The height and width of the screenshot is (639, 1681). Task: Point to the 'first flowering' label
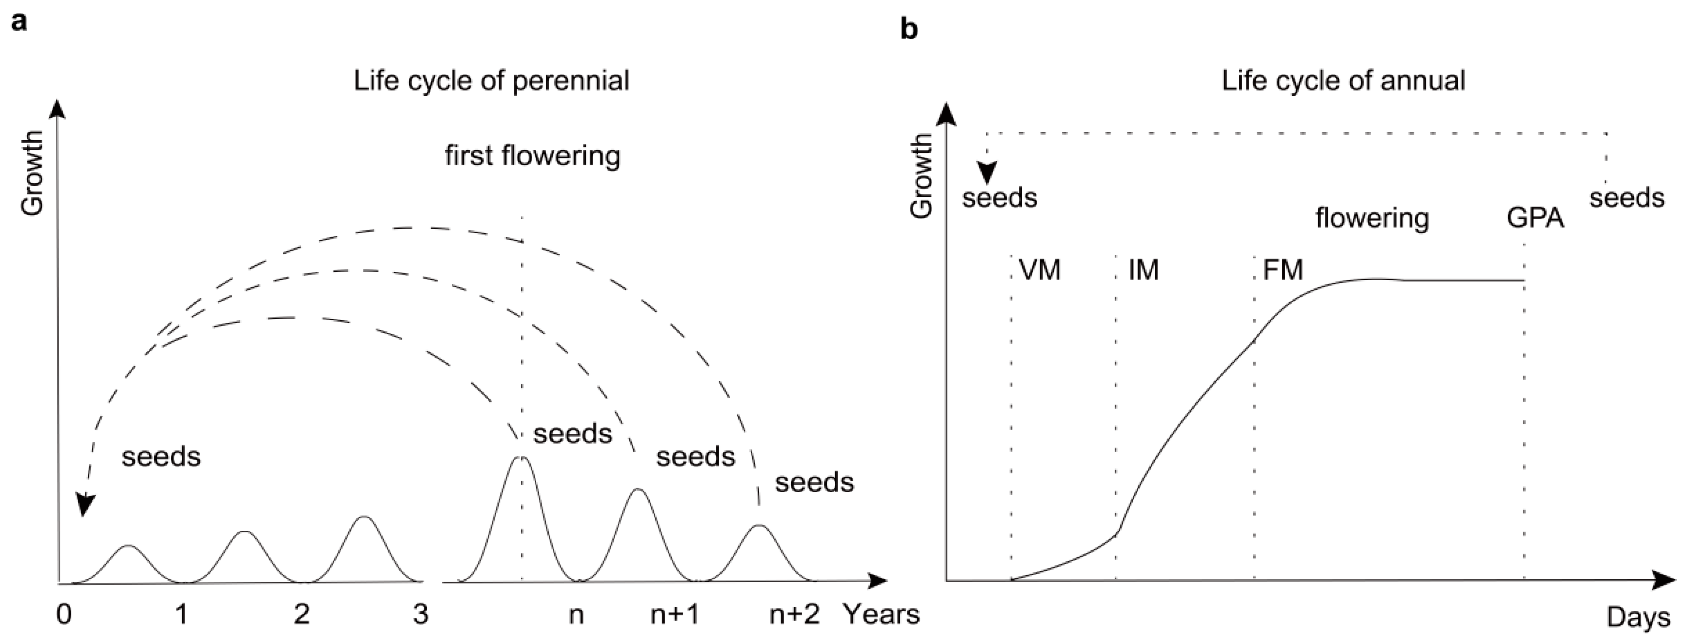click(x=533, y=156)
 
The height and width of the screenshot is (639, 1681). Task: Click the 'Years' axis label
click(x=882, y=614)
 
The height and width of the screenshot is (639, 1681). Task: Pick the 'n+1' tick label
click(x=675, y=614)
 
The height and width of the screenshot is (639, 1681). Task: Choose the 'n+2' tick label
click(x=794, y=614)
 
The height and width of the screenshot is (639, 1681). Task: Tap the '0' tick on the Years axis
click(x=64, y=614)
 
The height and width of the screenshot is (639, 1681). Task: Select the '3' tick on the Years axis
click(x=421, y=614)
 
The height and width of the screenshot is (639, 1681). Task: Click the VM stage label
click(x=1040, y=269)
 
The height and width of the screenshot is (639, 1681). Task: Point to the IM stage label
click(x=1143, y=269)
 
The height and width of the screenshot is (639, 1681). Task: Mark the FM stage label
click(x=1283, y=269)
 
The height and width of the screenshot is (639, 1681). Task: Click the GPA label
click(x=1535, y=217)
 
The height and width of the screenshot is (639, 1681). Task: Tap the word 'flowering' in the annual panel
click(x=1372, y=217)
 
